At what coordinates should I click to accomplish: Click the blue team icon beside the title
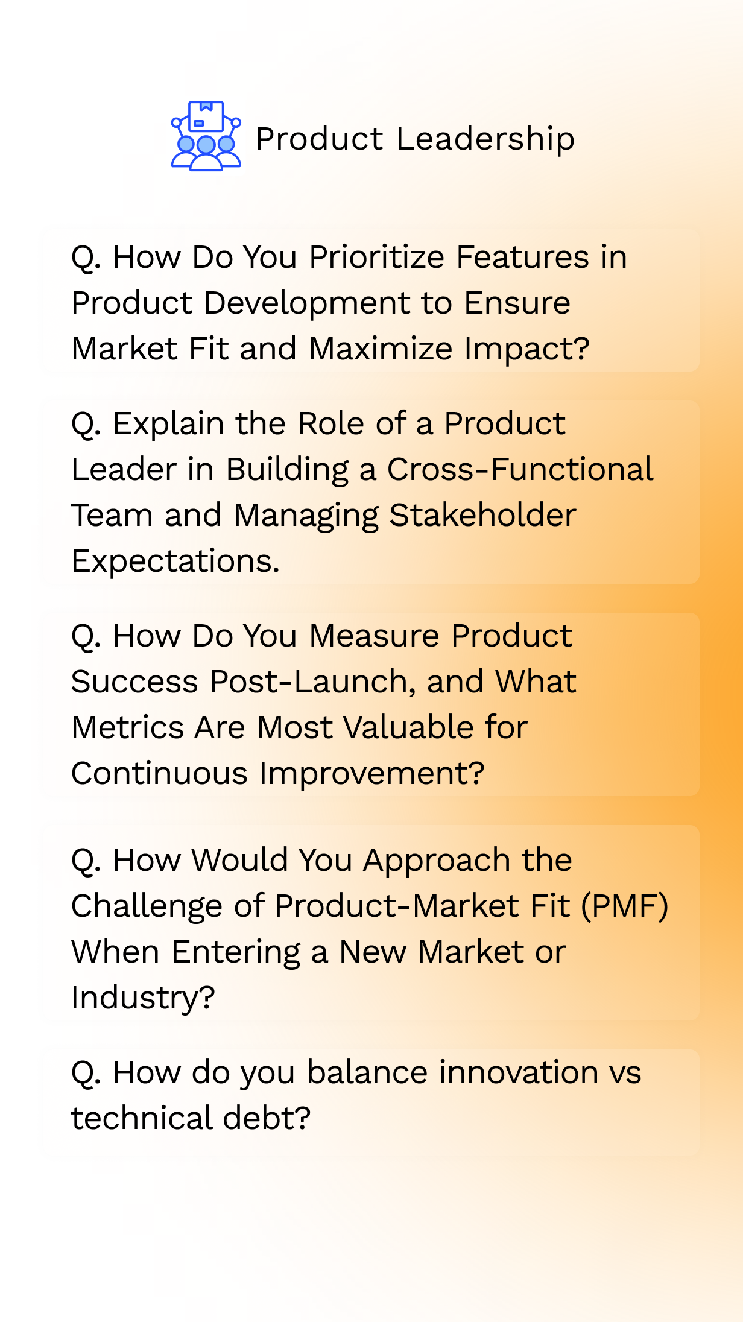point(206,136)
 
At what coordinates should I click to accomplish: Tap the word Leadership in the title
point(485,139)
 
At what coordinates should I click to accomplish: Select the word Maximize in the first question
point(381,349)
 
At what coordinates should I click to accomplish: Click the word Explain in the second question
point(169,424)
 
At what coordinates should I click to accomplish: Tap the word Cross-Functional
point(520,469)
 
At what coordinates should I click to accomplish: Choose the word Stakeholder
point(482,515)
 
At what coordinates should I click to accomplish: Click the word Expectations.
point(175,561)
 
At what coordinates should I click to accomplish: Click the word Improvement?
point(372,774)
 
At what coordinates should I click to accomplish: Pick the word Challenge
point(147,906)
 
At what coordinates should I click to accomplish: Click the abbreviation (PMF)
point(625,906)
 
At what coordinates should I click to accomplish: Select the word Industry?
point(143,998)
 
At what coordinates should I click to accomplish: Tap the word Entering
point(236,952)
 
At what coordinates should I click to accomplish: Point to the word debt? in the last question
point(267,1118)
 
